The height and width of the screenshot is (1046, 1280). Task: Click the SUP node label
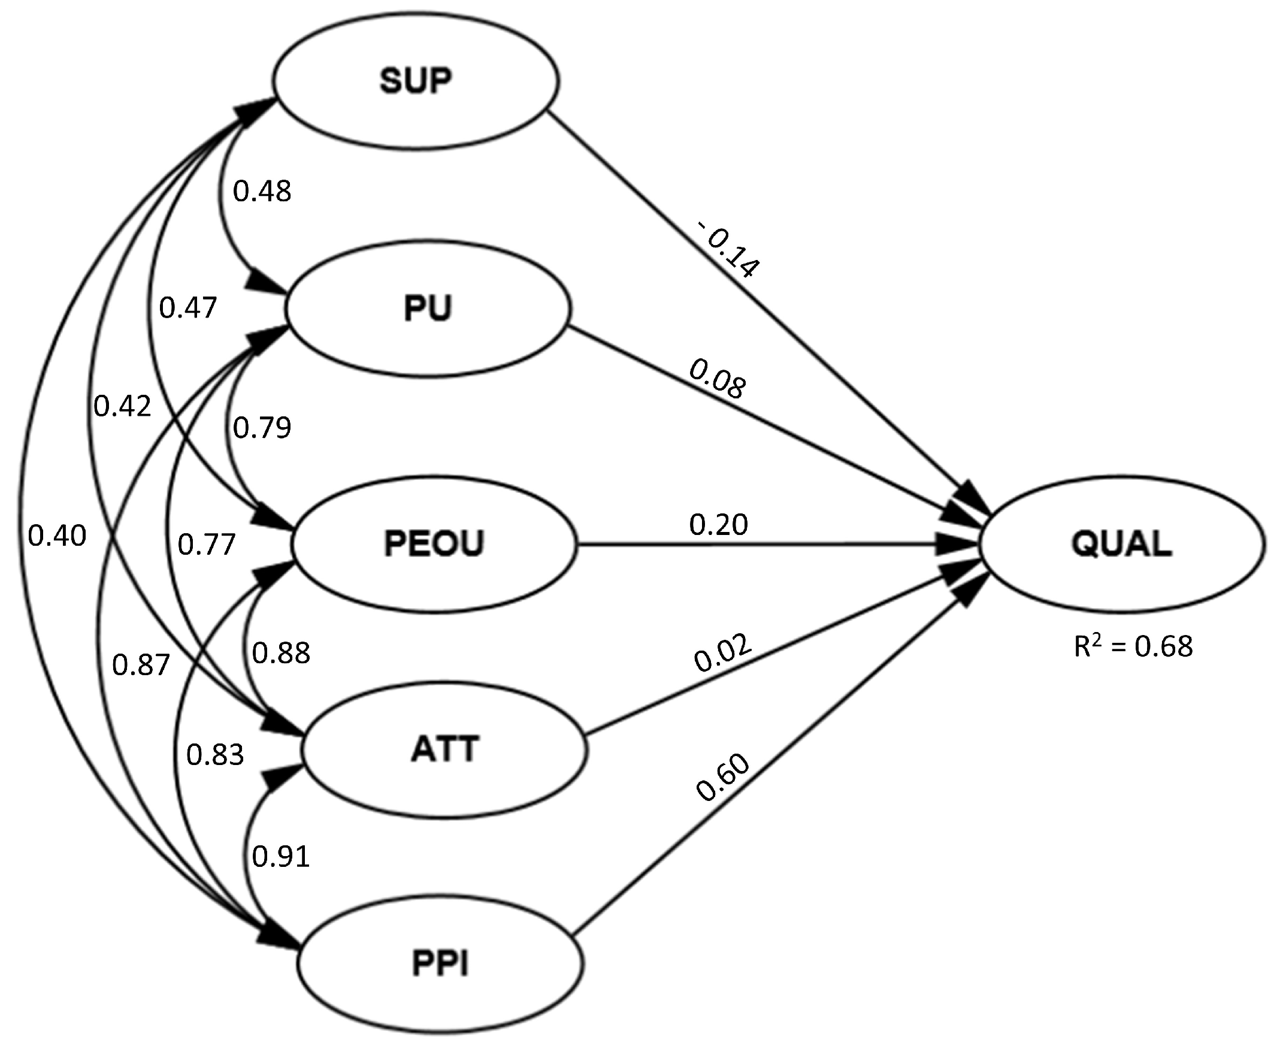[x=416, y=81]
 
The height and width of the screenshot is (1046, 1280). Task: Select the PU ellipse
[x=428, y=309]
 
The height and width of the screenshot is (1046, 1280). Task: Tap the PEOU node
[x=434, y=544]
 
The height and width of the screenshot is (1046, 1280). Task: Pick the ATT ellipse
[x=444, y=749]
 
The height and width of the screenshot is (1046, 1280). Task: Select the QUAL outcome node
[x=1122, y=544]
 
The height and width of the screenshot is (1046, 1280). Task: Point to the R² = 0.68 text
[x=1133, y=647]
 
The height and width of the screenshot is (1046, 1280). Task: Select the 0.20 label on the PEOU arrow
[x=718, y=525]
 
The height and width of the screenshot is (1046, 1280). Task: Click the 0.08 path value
[x=718, y=379]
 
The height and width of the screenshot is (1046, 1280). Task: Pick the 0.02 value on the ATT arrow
[x=723, y=653]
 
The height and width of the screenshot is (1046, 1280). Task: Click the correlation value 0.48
[x=262, y=192]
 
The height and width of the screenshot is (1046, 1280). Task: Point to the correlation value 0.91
[x=281, y=856]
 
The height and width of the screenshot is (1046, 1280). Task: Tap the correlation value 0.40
[x=58, y=536]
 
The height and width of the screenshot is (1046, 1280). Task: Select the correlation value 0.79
[x=262, y=428]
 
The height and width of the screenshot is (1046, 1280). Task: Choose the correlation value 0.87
[x=141, y=665]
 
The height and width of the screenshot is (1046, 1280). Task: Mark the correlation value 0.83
[x=215, y=754]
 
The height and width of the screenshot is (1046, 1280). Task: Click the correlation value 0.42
[x=122, y=407]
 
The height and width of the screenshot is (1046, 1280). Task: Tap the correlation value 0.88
[x=281, y=652]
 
